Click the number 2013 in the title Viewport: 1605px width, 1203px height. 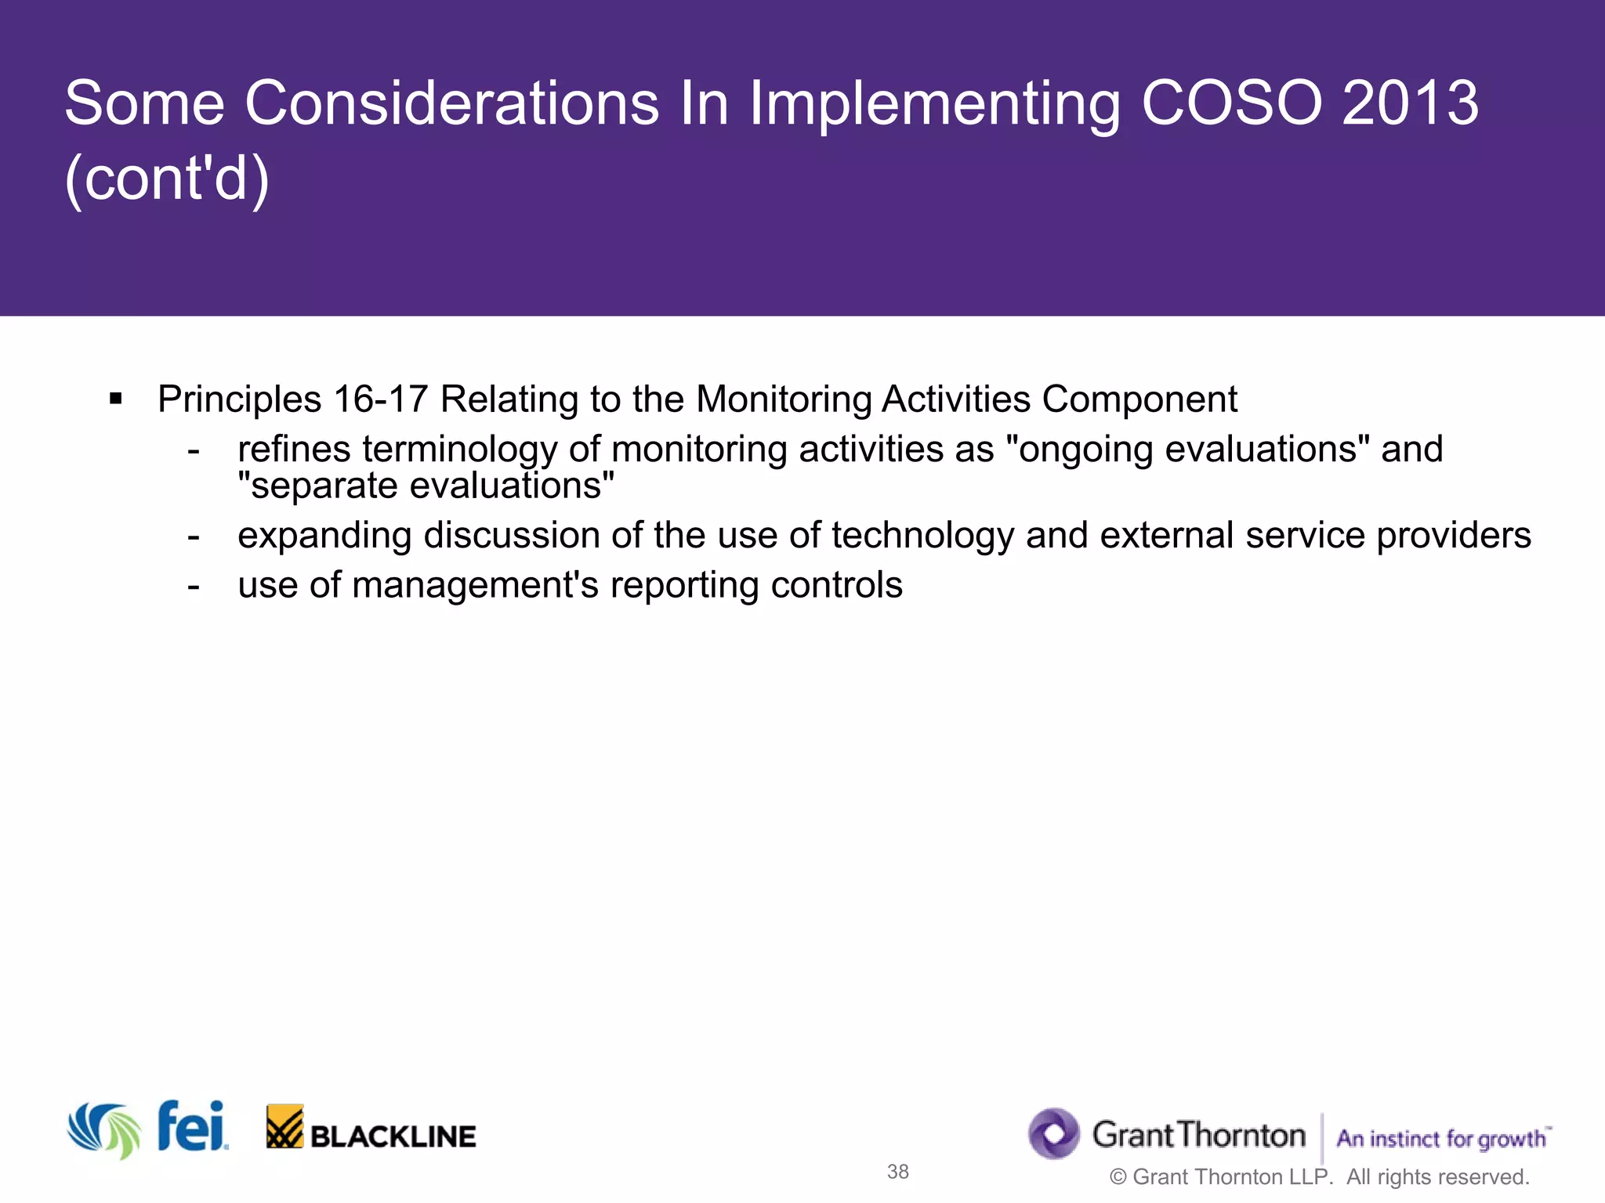click(x=1410, y=103)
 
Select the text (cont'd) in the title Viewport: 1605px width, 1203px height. click(x=167, y=179)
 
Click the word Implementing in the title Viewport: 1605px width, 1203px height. click(x=934, y=105)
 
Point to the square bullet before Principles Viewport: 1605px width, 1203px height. click(x=116, y=399)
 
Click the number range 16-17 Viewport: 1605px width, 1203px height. click(x=380, y=399)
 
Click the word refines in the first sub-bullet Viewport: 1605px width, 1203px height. click(x=294, y=450)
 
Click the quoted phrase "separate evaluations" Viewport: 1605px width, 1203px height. click(x=426, y=486)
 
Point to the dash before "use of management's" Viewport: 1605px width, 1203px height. click(x=194, y=586)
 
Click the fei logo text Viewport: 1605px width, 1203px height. click(x=191, y=1127)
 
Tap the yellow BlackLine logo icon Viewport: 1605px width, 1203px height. click(x=284, y=1127)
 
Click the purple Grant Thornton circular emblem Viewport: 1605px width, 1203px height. click(x=1054, y=1133)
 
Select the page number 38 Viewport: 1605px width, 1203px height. click(x=897, y=1172)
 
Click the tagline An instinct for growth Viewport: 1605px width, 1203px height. click(x=1442, y=1138)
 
